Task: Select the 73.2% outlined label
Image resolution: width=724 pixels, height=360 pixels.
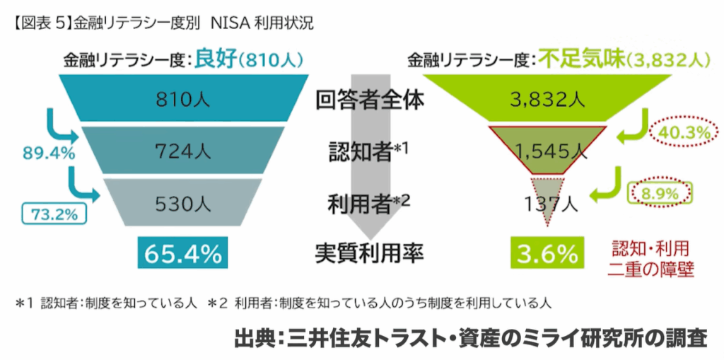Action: tap(52, 214)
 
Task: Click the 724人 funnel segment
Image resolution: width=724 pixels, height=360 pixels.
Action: tap(183, 150)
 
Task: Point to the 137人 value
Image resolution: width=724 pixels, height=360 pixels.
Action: tap(551, 204)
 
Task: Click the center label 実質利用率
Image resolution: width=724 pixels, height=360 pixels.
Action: tap(369, 253)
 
